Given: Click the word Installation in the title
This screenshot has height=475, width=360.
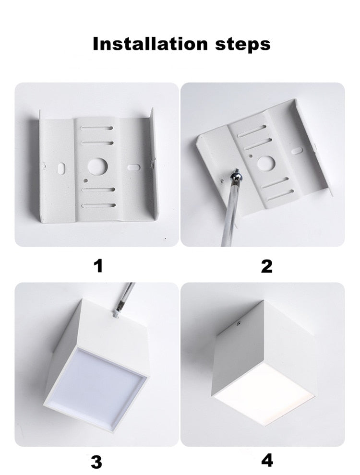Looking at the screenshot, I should coord(146,44).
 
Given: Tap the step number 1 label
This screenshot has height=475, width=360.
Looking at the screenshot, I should coord(98,265).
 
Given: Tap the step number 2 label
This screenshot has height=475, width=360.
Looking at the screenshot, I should coord(267,265).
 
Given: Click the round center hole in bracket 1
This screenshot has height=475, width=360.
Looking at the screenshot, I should coord(97,167).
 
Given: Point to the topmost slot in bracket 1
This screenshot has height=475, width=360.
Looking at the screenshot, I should coord(98,129).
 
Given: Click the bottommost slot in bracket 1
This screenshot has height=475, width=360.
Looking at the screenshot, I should coord(98,206).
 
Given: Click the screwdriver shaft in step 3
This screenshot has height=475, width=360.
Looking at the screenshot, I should coord(125,295).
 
